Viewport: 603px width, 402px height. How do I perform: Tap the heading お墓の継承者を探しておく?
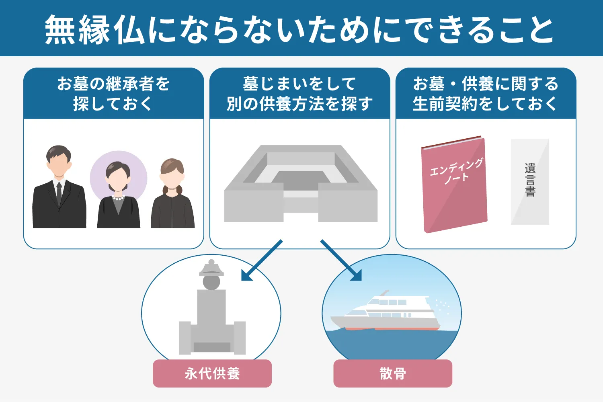tap(113, 94)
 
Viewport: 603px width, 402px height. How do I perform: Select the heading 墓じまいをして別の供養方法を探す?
tap(299, 94)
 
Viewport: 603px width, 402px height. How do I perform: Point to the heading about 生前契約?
tap(486, 94)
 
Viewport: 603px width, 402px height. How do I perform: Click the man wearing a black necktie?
tap(59, 189)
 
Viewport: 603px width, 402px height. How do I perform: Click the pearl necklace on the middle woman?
tap(118, 198)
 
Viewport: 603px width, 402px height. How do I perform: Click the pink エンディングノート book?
tap(455, 185)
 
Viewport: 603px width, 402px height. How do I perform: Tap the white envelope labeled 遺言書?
tap(530, 182)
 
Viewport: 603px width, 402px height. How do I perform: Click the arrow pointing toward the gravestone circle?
tap(261, 260)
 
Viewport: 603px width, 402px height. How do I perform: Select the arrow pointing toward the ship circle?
tap(342, 260)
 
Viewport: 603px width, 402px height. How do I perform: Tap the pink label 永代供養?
tap(212, 373)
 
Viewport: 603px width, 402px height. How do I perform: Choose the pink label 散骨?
tap(393, 373)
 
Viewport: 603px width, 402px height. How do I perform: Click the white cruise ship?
tap(386, 314)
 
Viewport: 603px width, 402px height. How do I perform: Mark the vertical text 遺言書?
tap(530, 180)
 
